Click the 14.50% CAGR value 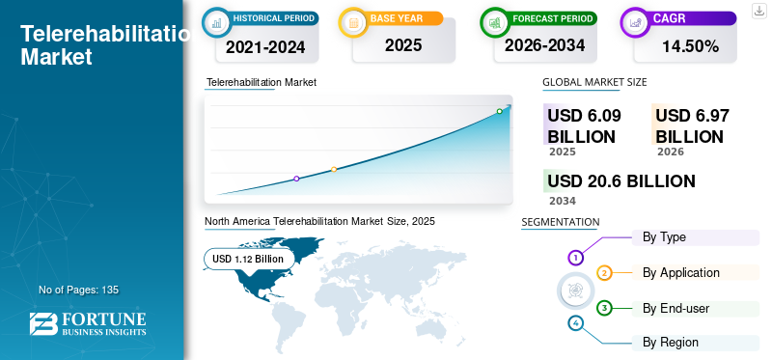point(688,45)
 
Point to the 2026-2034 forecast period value point(544,45)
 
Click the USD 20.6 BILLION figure point(621,180)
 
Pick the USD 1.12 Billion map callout point(248,259)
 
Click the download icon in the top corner point(759,10)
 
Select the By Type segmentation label point(664,236)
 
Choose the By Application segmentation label point(681,272)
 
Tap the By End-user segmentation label point(676,308)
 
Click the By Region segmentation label point(671,342)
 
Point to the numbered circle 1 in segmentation point(576,258)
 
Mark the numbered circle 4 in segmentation point(576,323)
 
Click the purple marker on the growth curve point(296,179)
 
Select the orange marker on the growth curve point(334,170)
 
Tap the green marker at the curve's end point(499,111)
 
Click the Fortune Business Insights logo point(88,324)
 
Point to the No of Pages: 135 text point(78,290)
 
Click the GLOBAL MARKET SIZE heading point(594,82)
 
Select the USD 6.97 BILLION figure point(692,125)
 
